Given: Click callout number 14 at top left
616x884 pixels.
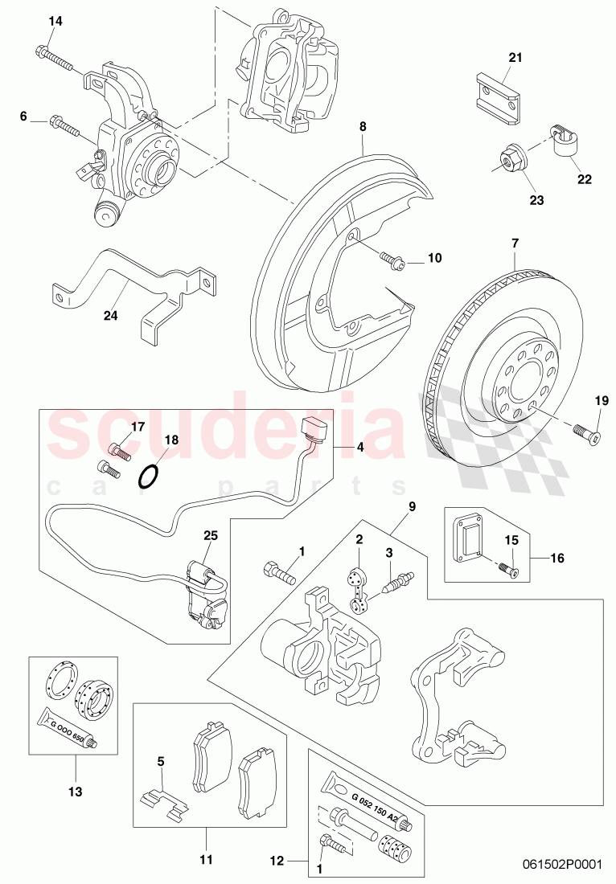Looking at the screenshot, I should click(55, 21).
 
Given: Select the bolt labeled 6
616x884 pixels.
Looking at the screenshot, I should click(64, 125).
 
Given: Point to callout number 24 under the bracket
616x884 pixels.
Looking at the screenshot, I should click(110, 316).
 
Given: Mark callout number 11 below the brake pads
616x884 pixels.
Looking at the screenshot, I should click(206, 860).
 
